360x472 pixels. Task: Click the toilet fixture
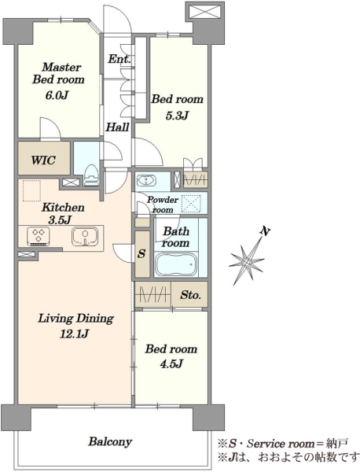tap(91, 175)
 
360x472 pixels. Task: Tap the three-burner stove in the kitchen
tap(39, 236)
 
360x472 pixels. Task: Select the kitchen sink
tap(85, 237)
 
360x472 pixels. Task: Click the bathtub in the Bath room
tap(176, 264)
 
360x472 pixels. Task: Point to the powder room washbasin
tap(146, 182)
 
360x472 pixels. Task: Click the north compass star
tap(248, 260)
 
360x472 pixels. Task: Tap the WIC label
tap(43, 160)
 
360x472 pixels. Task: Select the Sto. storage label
tap(190, 295)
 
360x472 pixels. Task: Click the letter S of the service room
tap(141, 254)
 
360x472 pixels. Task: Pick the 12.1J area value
tap(75, 334)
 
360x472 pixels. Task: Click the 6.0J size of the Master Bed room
tap(57, 95)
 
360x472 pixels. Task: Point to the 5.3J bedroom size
tap(177, 115)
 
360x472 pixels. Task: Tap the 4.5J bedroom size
tap(171, 363)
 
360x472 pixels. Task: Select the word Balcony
tap(110, 442)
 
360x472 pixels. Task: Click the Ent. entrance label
tap(119, 58)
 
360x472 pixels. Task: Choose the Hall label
tap(117, 127)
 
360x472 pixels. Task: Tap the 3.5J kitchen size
tap(60, 219)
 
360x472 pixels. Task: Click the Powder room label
tap(163, 205)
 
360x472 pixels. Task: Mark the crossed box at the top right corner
tap(206, 13)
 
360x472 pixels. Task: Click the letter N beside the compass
tap(265, 231)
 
